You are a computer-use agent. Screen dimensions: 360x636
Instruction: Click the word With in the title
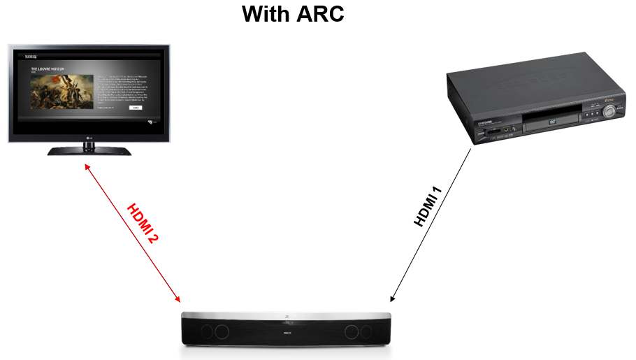point(263,14)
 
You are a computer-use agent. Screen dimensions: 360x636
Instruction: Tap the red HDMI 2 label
point(143,223)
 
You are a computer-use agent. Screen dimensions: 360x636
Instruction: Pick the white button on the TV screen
point(136,109)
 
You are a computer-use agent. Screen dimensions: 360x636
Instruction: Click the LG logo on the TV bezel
point(89,137)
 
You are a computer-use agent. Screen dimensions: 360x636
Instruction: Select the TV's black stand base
point(89,150)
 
